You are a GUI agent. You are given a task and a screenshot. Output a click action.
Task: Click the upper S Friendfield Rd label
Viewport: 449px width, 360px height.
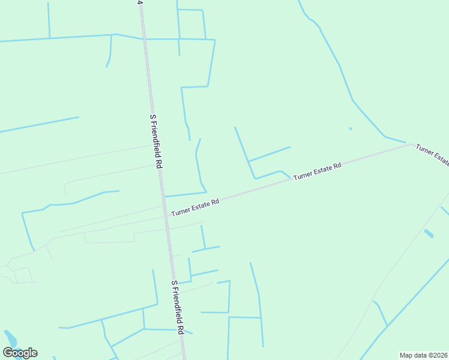tap(155, 141)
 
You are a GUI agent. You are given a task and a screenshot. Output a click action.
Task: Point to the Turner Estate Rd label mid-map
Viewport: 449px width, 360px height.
tap(318, 170)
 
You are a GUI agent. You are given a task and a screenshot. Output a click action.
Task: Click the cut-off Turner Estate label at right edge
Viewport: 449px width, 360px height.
tap(433, 154)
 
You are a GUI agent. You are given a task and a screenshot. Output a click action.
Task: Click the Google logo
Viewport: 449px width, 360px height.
tap(20, 353)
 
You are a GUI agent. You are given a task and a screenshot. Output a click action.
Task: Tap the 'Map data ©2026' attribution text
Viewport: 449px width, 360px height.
tap(423, 355)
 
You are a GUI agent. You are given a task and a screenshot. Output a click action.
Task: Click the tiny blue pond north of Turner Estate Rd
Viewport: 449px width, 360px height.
tap(351, 128)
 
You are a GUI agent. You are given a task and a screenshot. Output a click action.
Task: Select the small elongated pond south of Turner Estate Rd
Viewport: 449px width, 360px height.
tap(429, 233)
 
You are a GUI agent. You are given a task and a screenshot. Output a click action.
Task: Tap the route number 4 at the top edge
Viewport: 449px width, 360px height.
tap(140, 2)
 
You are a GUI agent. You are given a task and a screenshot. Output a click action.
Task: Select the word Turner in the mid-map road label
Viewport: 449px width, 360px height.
tap(304, 174)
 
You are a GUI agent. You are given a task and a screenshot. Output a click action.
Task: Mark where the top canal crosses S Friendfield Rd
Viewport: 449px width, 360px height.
tap(144, 39)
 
